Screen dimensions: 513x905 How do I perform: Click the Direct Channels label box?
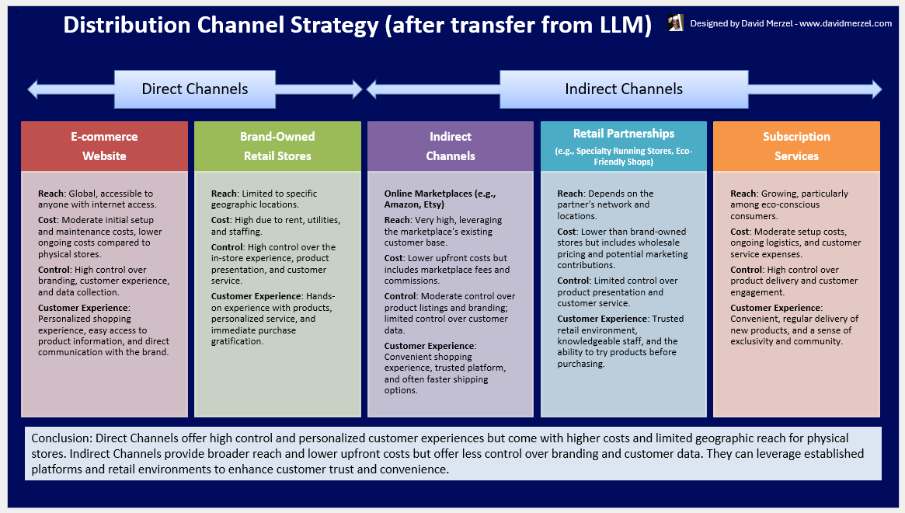pos(194,89)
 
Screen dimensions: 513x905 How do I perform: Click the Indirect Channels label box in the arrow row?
pos(623,89)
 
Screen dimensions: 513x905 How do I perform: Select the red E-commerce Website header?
pos(104,146)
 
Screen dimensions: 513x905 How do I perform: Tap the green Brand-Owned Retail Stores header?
pos(277,146)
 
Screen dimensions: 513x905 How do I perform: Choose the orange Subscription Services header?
pos(796,146)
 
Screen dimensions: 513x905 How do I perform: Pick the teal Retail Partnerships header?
pos(624,146)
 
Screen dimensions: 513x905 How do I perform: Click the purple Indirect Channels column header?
pos(451,146)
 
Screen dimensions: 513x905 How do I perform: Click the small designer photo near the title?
pos(675,23)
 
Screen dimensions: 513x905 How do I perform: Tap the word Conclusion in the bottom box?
pos(58,438)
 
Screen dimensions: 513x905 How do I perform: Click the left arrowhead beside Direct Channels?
pos(34,89)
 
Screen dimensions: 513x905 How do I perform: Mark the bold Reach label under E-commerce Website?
pos(50,194)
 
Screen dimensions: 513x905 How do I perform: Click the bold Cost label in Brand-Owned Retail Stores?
pos(221,221)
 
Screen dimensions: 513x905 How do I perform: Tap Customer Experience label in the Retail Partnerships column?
pos(603,319)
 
